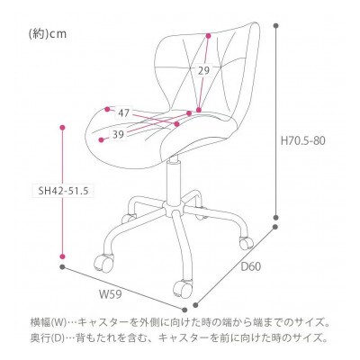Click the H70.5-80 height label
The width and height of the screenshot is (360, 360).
302,140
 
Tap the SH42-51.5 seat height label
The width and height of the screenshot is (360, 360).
63,191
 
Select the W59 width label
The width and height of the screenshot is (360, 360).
111,294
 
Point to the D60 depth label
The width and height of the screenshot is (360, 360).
251,266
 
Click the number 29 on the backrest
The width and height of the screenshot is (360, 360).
203,71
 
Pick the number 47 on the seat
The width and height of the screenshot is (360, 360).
123,113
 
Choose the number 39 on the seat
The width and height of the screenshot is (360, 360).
118,135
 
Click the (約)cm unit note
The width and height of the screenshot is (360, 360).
48,34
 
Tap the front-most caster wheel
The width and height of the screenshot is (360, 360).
183,287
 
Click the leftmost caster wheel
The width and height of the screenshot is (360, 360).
104,262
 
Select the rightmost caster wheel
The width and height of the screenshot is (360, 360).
246,242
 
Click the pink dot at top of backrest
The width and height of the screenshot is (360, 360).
208,36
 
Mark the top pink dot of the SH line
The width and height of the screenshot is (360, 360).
63,128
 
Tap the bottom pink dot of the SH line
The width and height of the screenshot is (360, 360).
62,256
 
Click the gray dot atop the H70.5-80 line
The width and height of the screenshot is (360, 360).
276,26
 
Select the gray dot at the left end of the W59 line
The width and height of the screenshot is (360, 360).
62,266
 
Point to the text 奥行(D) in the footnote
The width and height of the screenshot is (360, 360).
48,338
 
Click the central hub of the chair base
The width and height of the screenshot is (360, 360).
174,208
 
